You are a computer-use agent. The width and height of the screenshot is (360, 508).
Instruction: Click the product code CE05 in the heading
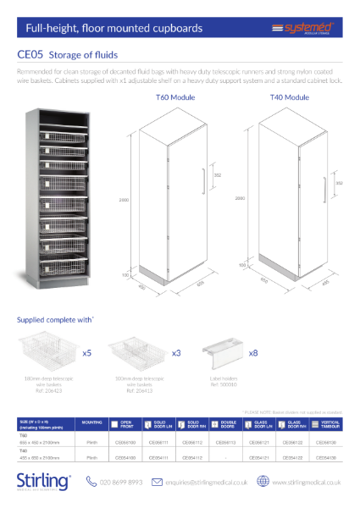pyautogui.click(x=31, y=55)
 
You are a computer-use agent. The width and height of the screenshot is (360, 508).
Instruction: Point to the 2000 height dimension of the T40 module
pyautogui.click(x=241, y=198)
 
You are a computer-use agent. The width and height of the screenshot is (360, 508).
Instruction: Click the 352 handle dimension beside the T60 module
pyautogui.click(x=217, y=175)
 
